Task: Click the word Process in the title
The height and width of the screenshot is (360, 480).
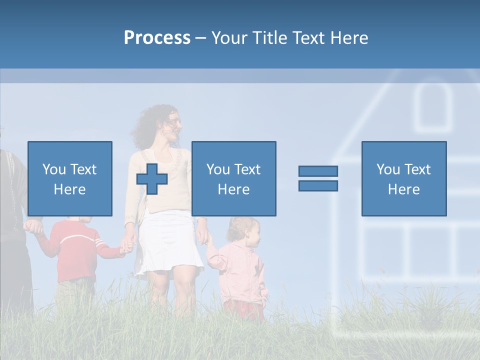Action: click(x=157, y=37)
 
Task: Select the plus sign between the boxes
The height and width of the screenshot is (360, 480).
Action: click(x=152, y=178)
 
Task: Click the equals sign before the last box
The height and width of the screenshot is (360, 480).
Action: click(x=318, y=178)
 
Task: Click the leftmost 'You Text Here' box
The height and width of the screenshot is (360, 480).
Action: click(x=70, y=178)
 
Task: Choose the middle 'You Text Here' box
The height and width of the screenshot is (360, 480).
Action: click(x=233, y=178)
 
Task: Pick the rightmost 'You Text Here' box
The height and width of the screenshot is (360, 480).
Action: click(x=403, y=178)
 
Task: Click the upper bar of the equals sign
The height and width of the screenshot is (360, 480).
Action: click(x=318, y=171)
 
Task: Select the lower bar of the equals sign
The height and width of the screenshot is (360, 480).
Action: click(x=318, y=185)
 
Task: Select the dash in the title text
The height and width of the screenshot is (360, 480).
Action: click(x=201, y=38)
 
